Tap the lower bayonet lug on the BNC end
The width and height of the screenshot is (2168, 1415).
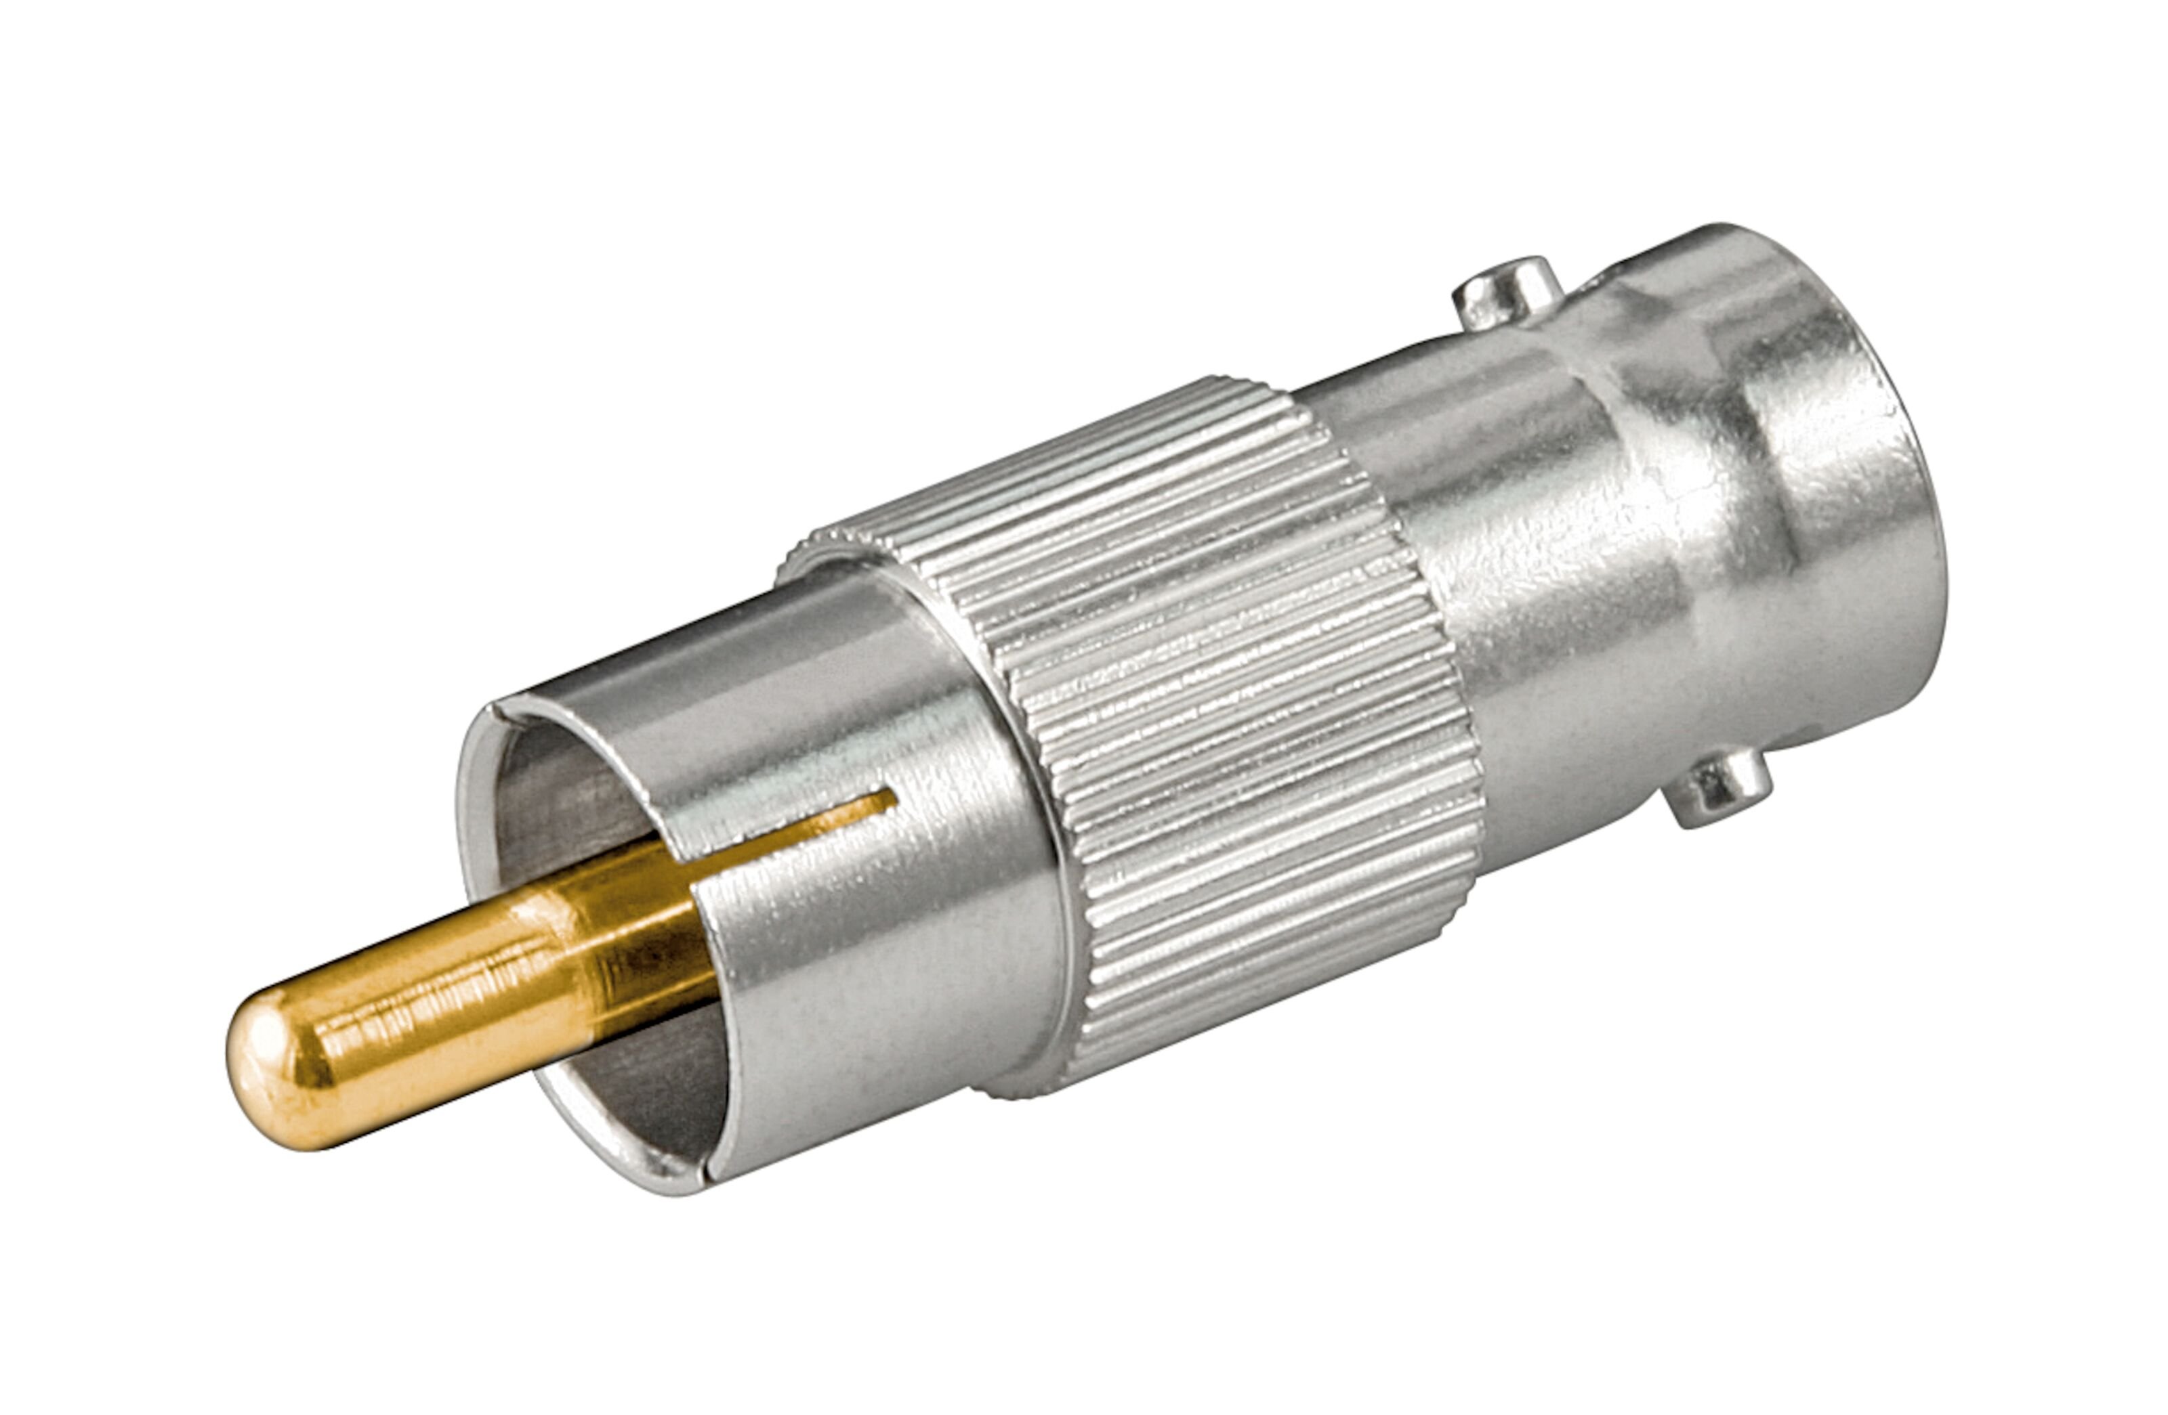pos(1717,787)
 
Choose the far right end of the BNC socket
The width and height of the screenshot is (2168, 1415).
pos(1931,510)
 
